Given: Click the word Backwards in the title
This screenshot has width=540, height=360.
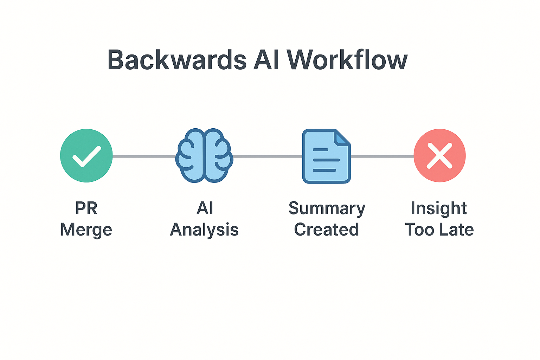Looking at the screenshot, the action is click(177, 59).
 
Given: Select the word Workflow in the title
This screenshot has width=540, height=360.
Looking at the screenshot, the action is click(347, 59).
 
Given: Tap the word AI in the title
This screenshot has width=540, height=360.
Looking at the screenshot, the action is click(266, 60).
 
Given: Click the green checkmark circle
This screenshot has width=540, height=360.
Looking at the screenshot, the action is click(86, 155).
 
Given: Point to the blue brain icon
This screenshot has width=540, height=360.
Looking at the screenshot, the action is click(204, 155).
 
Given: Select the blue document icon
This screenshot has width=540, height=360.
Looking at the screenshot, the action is click(326, 156).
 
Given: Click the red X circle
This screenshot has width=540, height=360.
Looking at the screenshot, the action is click(439, 155).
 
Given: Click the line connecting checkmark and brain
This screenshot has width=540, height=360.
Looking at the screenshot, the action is click(144, 156).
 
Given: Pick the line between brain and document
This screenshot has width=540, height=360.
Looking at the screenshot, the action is click(268, 156).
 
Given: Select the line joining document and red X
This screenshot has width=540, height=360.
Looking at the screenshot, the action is click(382, 156).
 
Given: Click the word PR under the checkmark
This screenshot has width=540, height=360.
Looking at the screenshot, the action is click(86, 208).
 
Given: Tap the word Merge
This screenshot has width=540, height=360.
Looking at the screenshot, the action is click(86, 230).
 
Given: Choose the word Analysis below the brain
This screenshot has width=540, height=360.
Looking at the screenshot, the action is click(204, 230).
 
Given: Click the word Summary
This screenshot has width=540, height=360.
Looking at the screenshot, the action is click(327, 208).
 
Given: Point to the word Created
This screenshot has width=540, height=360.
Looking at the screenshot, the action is click(326, 229).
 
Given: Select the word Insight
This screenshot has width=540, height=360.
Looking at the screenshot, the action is click(439, 208).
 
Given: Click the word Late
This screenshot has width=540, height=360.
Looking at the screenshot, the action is click(456, 229).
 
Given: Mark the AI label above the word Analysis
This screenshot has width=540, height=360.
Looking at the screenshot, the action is click(205, 208).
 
